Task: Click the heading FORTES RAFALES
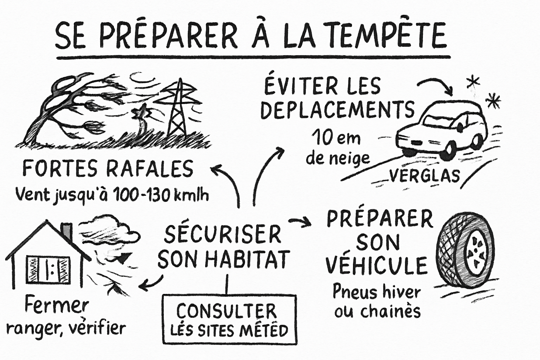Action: click(108, 168)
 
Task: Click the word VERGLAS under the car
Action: click(424, 175)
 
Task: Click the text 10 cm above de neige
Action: click(336, 138)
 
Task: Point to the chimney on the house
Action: click(66, 231)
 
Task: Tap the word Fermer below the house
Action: click(56, 307)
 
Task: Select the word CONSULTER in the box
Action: click(226, 311)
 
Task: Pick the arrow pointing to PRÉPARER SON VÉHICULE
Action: click(300, 221)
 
